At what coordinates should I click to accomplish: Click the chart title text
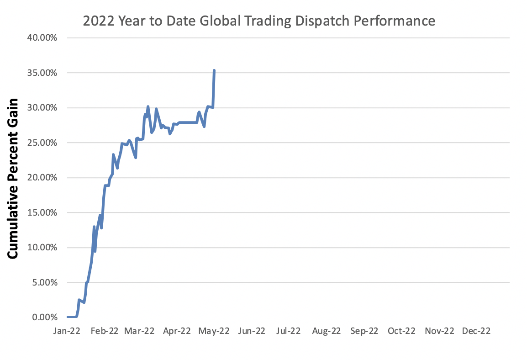point(259,21)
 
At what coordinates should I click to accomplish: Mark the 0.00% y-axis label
point(43,318)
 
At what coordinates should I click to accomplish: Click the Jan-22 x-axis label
point(67,331)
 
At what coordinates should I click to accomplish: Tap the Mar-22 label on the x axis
point(139,331)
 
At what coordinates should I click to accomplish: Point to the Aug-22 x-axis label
point(327,331)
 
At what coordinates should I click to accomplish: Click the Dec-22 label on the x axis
point(476,331)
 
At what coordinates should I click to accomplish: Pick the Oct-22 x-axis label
point(401,331)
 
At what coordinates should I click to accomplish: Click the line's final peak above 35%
point(214,71)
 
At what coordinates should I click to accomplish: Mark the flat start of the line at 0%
point(72,317)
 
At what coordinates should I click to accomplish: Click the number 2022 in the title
point(96,21)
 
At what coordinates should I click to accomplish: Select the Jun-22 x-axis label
point(252,331)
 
